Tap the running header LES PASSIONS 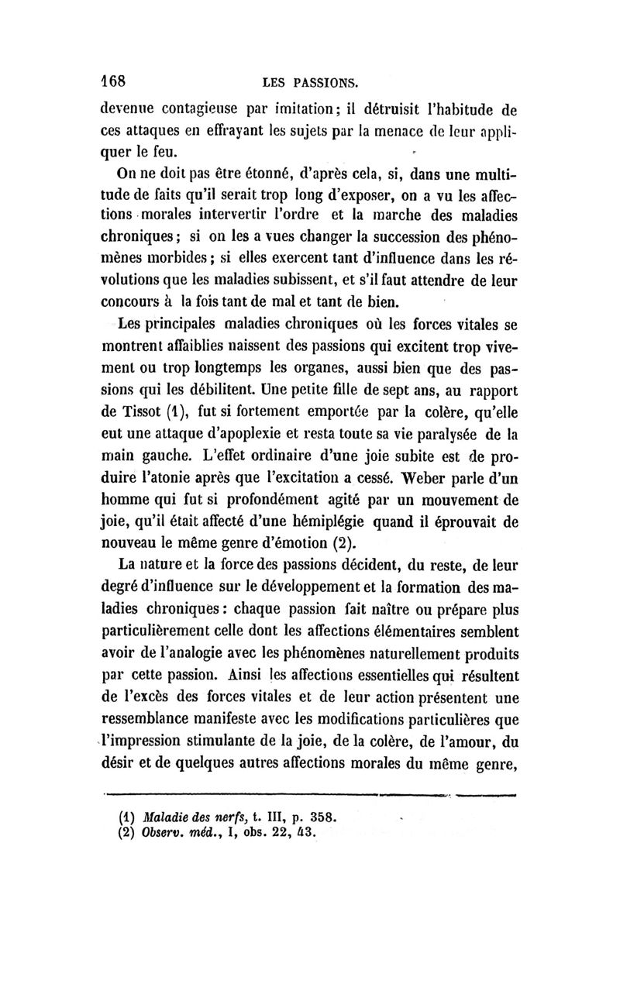tap(310, 82)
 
